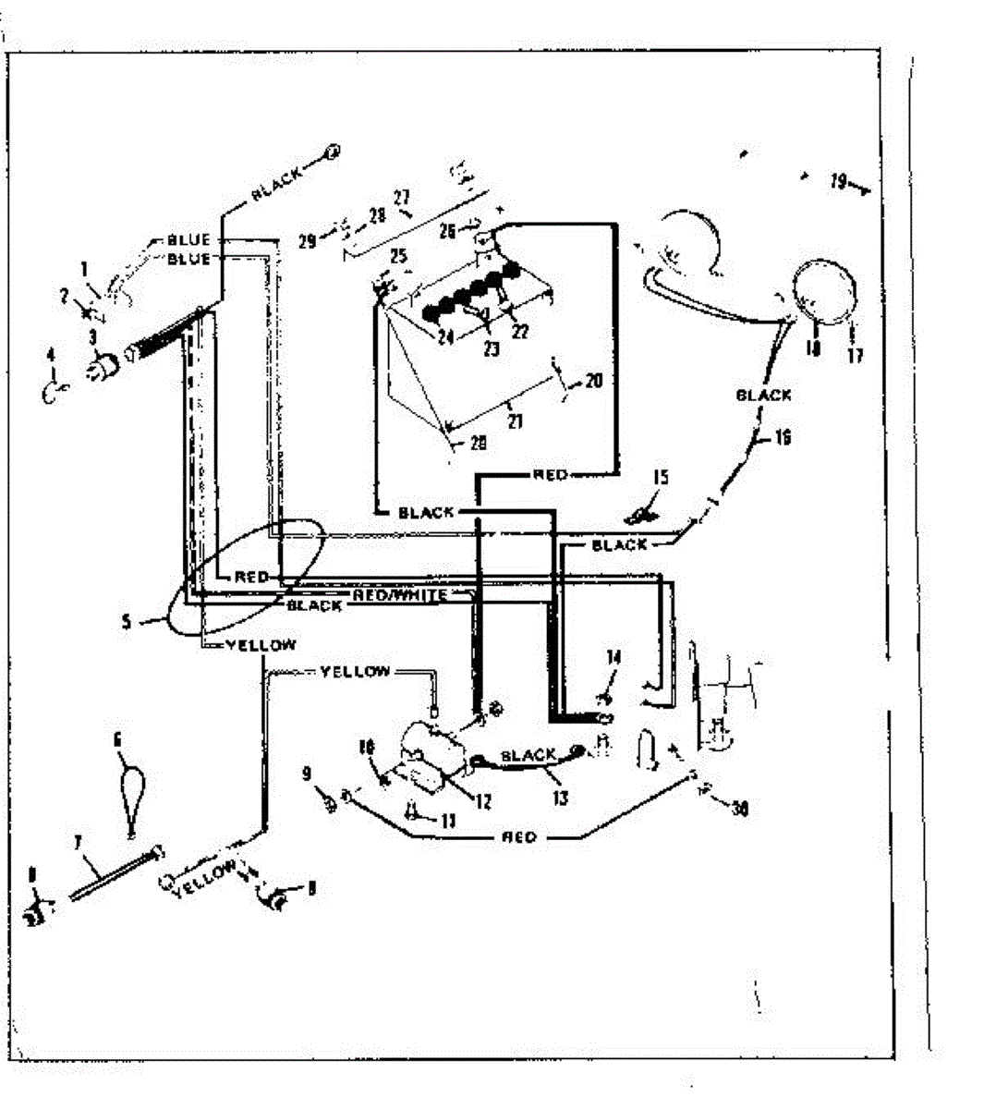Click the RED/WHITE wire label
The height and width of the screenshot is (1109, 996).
point(400,595)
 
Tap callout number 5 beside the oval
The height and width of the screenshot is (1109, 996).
point(127,622)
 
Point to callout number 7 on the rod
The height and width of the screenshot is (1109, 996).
point(79,842)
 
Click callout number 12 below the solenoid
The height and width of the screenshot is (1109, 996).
point(482,802)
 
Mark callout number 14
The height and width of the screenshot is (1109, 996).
point(613,658)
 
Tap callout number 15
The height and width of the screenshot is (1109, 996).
point(660,478)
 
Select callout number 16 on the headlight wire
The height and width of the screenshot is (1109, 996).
point(783,436)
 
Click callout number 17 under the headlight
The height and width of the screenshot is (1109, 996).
point(856,354)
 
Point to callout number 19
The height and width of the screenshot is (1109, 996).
point(837,182)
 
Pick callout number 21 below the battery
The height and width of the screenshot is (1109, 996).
point(515,420)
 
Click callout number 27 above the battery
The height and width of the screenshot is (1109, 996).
point(401,197)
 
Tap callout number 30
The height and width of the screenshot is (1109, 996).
point(739,810)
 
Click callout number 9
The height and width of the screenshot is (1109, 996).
point(307,775)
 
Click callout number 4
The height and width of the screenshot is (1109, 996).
point(51,355)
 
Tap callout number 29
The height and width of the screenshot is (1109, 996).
point(307,241)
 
